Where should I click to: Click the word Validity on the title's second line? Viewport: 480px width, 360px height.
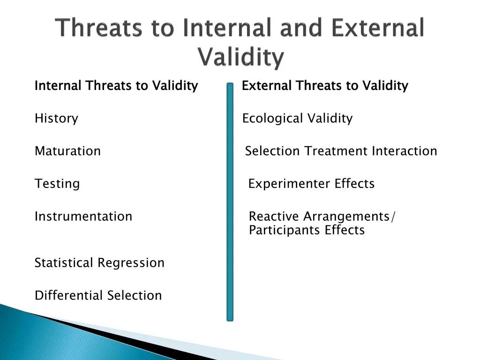point(241,57)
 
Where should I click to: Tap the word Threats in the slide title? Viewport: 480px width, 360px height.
point(98,28)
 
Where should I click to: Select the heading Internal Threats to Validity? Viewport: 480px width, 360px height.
point(116,86)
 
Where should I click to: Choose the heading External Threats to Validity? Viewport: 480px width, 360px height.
point(325,86)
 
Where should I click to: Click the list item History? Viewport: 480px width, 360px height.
point(56,119)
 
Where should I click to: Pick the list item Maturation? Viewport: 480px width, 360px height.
point(67,151)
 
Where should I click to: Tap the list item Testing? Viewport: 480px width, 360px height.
point(57,184)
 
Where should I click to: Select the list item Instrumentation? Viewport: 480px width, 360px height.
point(83,217)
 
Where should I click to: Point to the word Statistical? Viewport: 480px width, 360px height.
point(64,262)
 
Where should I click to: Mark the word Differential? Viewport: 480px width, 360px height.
point(68,295)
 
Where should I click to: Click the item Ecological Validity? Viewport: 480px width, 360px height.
point(297,119)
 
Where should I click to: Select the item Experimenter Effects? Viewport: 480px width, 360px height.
point(311,184)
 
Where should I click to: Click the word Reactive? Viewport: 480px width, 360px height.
point(274,217)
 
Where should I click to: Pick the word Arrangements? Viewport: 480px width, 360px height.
point(346,217)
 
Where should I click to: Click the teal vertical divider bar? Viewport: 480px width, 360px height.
point(230,202)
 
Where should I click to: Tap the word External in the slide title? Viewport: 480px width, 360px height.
point(378,28)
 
